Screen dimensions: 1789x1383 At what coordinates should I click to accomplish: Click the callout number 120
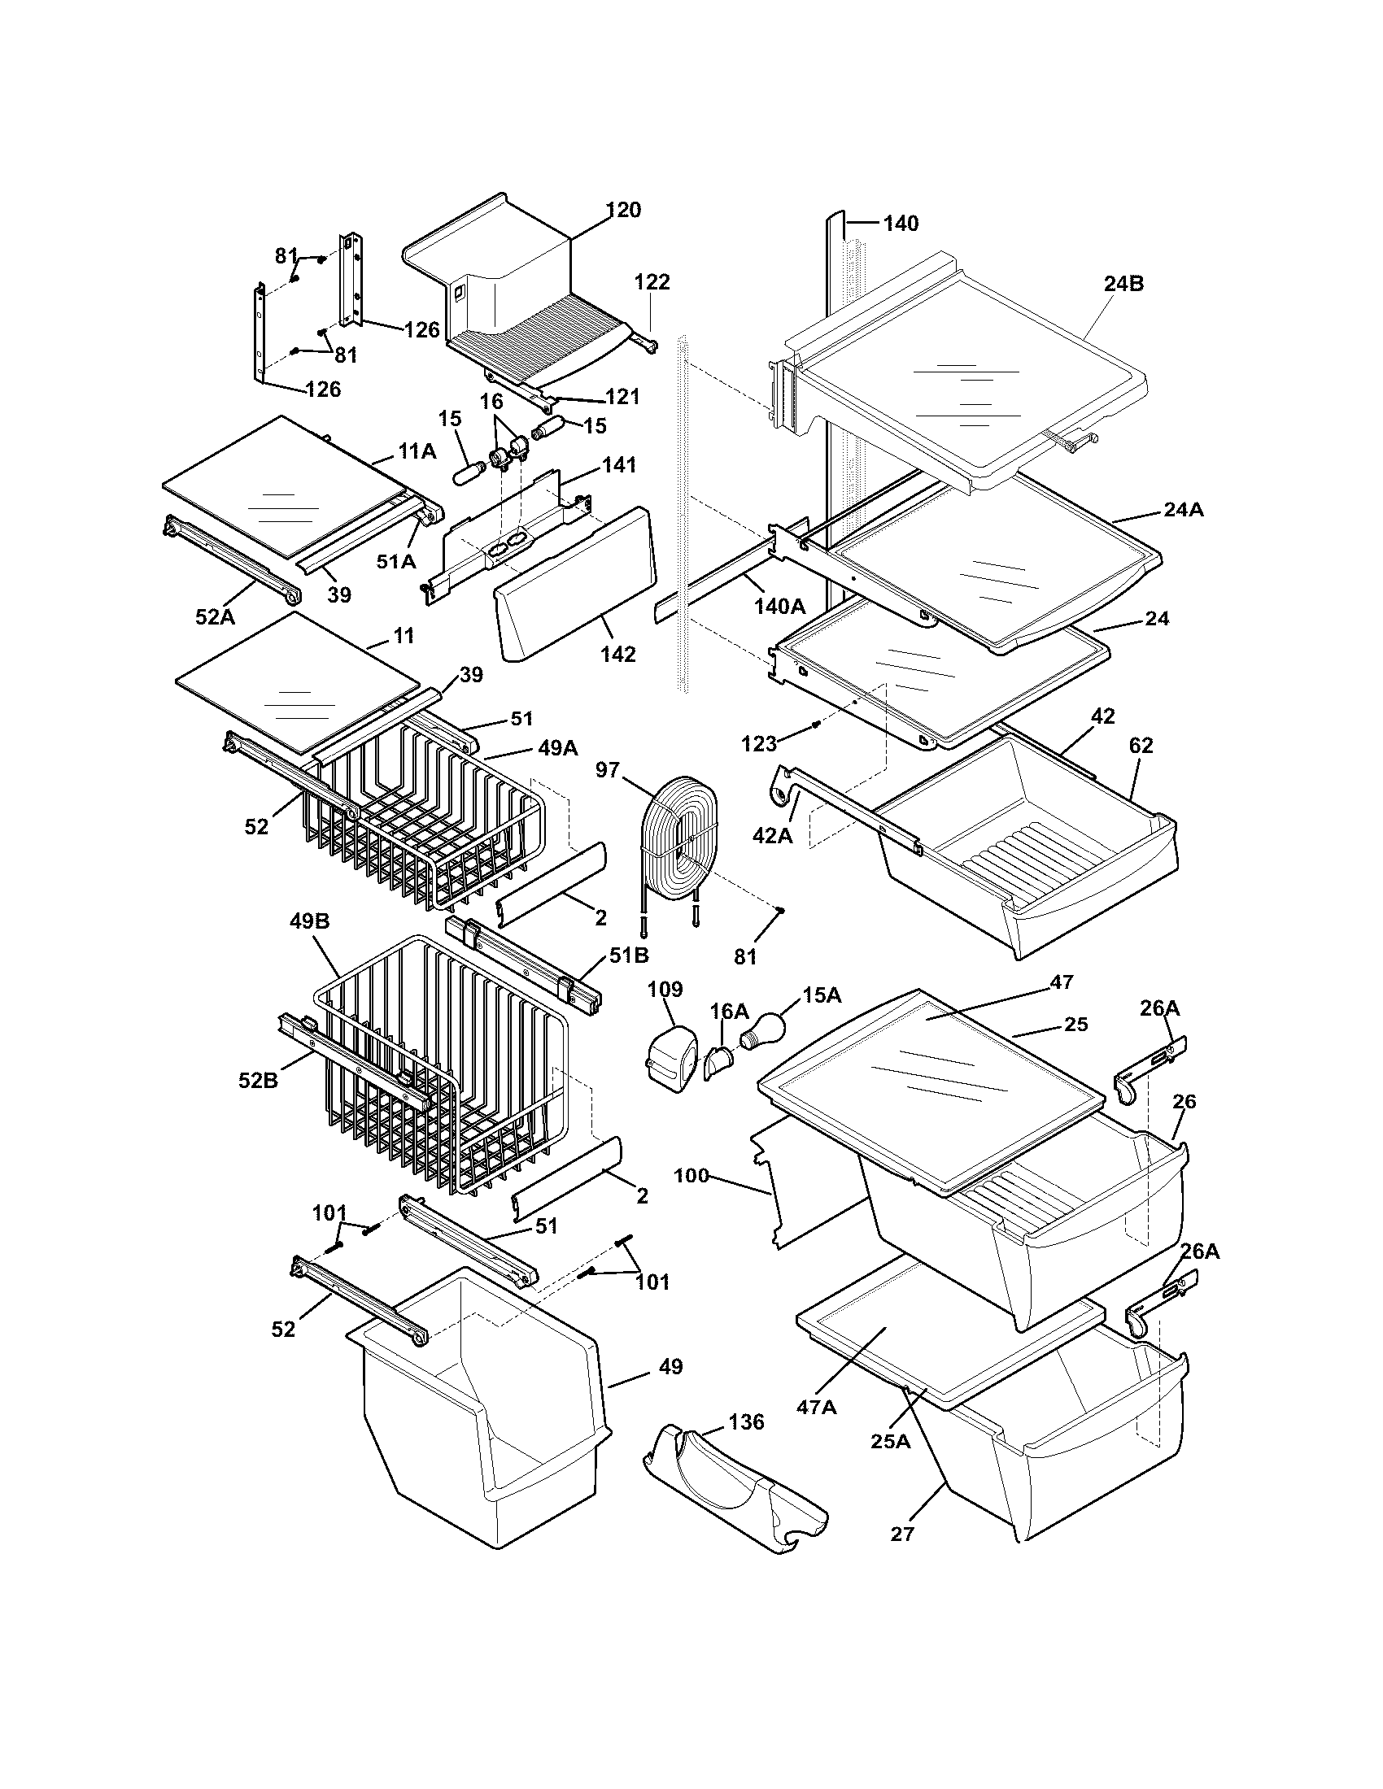click(x=623, y=211)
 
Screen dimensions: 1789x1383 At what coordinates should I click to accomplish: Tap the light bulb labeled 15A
click(x=766, y=1029)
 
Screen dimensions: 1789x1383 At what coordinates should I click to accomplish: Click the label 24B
click(x=1123, y=285)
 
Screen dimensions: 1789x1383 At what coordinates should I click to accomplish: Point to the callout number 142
click(x=617, y=654)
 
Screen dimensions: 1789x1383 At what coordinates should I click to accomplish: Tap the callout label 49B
click(x=309, y=921)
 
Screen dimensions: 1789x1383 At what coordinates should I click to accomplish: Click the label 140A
click(x=779, y=606)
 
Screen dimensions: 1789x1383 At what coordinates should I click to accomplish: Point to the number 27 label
click(x=901, y=1534)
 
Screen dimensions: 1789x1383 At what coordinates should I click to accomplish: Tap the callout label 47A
click(x=816, y=1406)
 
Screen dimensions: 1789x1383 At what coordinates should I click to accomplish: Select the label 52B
click(x=258, y=1081)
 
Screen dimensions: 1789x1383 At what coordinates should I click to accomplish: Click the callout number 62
click(x=1141, y=746)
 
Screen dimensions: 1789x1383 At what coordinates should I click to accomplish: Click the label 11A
click(x=417, y=451)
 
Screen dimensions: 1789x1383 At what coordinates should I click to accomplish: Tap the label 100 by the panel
click(x=691, y=1176)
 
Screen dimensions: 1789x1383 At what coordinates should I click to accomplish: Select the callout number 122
click(x=652, y=283)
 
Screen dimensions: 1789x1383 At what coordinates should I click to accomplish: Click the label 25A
click(x=891, y=1440)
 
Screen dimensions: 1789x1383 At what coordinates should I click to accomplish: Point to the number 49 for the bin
click(x=670, y=1366)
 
